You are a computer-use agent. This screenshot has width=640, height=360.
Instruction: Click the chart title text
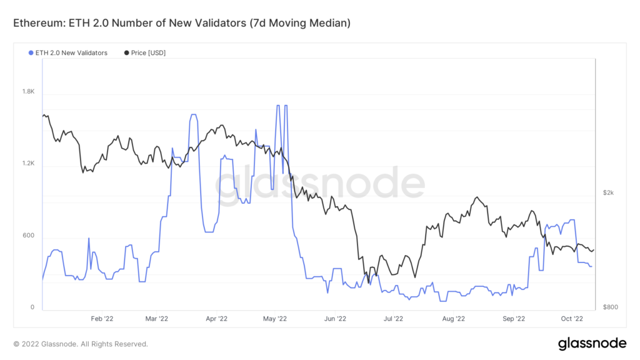(x=182, y=24)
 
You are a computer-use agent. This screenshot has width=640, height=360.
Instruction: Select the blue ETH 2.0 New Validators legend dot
(x=31, y=52)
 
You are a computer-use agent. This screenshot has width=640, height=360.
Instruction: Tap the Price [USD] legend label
(x=148, y=52)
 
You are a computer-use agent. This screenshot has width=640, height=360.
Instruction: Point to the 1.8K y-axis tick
(x=28, y=92)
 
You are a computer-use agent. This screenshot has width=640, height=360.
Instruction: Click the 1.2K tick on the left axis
(x=28, y=164)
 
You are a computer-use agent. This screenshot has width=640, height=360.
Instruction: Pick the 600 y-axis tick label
(x=29, y=236)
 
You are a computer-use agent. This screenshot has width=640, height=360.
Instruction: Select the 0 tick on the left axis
(x=32, y=307)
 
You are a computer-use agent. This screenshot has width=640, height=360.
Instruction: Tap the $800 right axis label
(x=610, y=307)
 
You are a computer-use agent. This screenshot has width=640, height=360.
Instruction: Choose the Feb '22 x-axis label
(x=101, y=318)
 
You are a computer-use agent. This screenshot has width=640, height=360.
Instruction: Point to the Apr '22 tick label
(x=216, y=318)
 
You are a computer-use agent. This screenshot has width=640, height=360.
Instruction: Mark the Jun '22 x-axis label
(x=335, y=318)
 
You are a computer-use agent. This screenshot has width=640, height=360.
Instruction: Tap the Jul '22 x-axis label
(x=393, y=318)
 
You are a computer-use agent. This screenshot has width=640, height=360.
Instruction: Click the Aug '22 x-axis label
(x=453, y=318)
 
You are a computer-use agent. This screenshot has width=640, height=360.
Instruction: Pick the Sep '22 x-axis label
(x=513, y=318)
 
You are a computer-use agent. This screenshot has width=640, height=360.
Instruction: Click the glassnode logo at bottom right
(x=592, y=343)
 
